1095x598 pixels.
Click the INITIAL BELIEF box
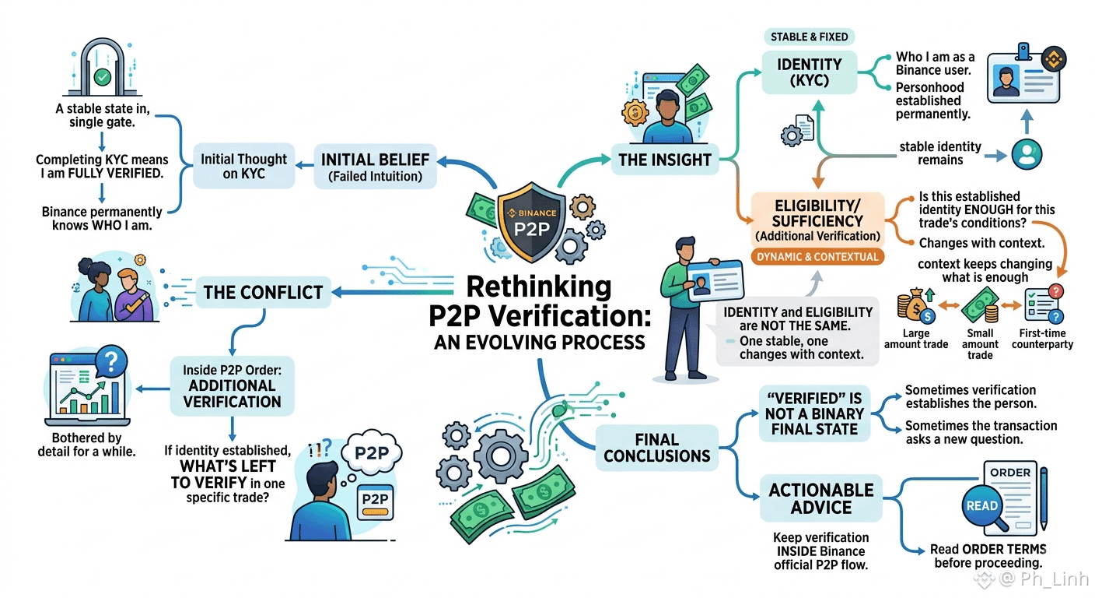click(375, 167)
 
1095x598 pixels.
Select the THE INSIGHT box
click(665, 160)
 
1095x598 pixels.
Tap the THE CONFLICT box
click(263, 292)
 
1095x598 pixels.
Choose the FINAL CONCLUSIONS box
click(656, 448)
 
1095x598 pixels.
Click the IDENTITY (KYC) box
click(810, 72)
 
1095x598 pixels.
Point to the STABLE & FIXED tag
click(809, 37)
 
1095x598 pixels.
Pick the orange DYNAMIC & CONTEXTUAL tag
click(817, 257)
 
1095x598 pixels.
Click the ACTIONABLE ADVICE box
click(820, 498)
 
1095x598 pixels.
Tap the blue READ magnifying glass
click(982, 506)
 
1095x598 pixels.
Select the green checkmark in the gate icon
click(103, 77)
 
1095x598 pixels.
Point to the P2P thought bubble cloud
click(372, 452)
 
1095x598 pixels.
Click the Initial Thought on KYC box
click(244, 167)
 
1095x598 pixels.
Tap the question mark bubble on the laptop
click(111, 361)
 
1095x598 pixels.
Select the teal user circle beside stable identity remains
click(1027, 155)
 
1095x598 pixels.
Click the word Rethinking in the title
click(539, 287)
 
